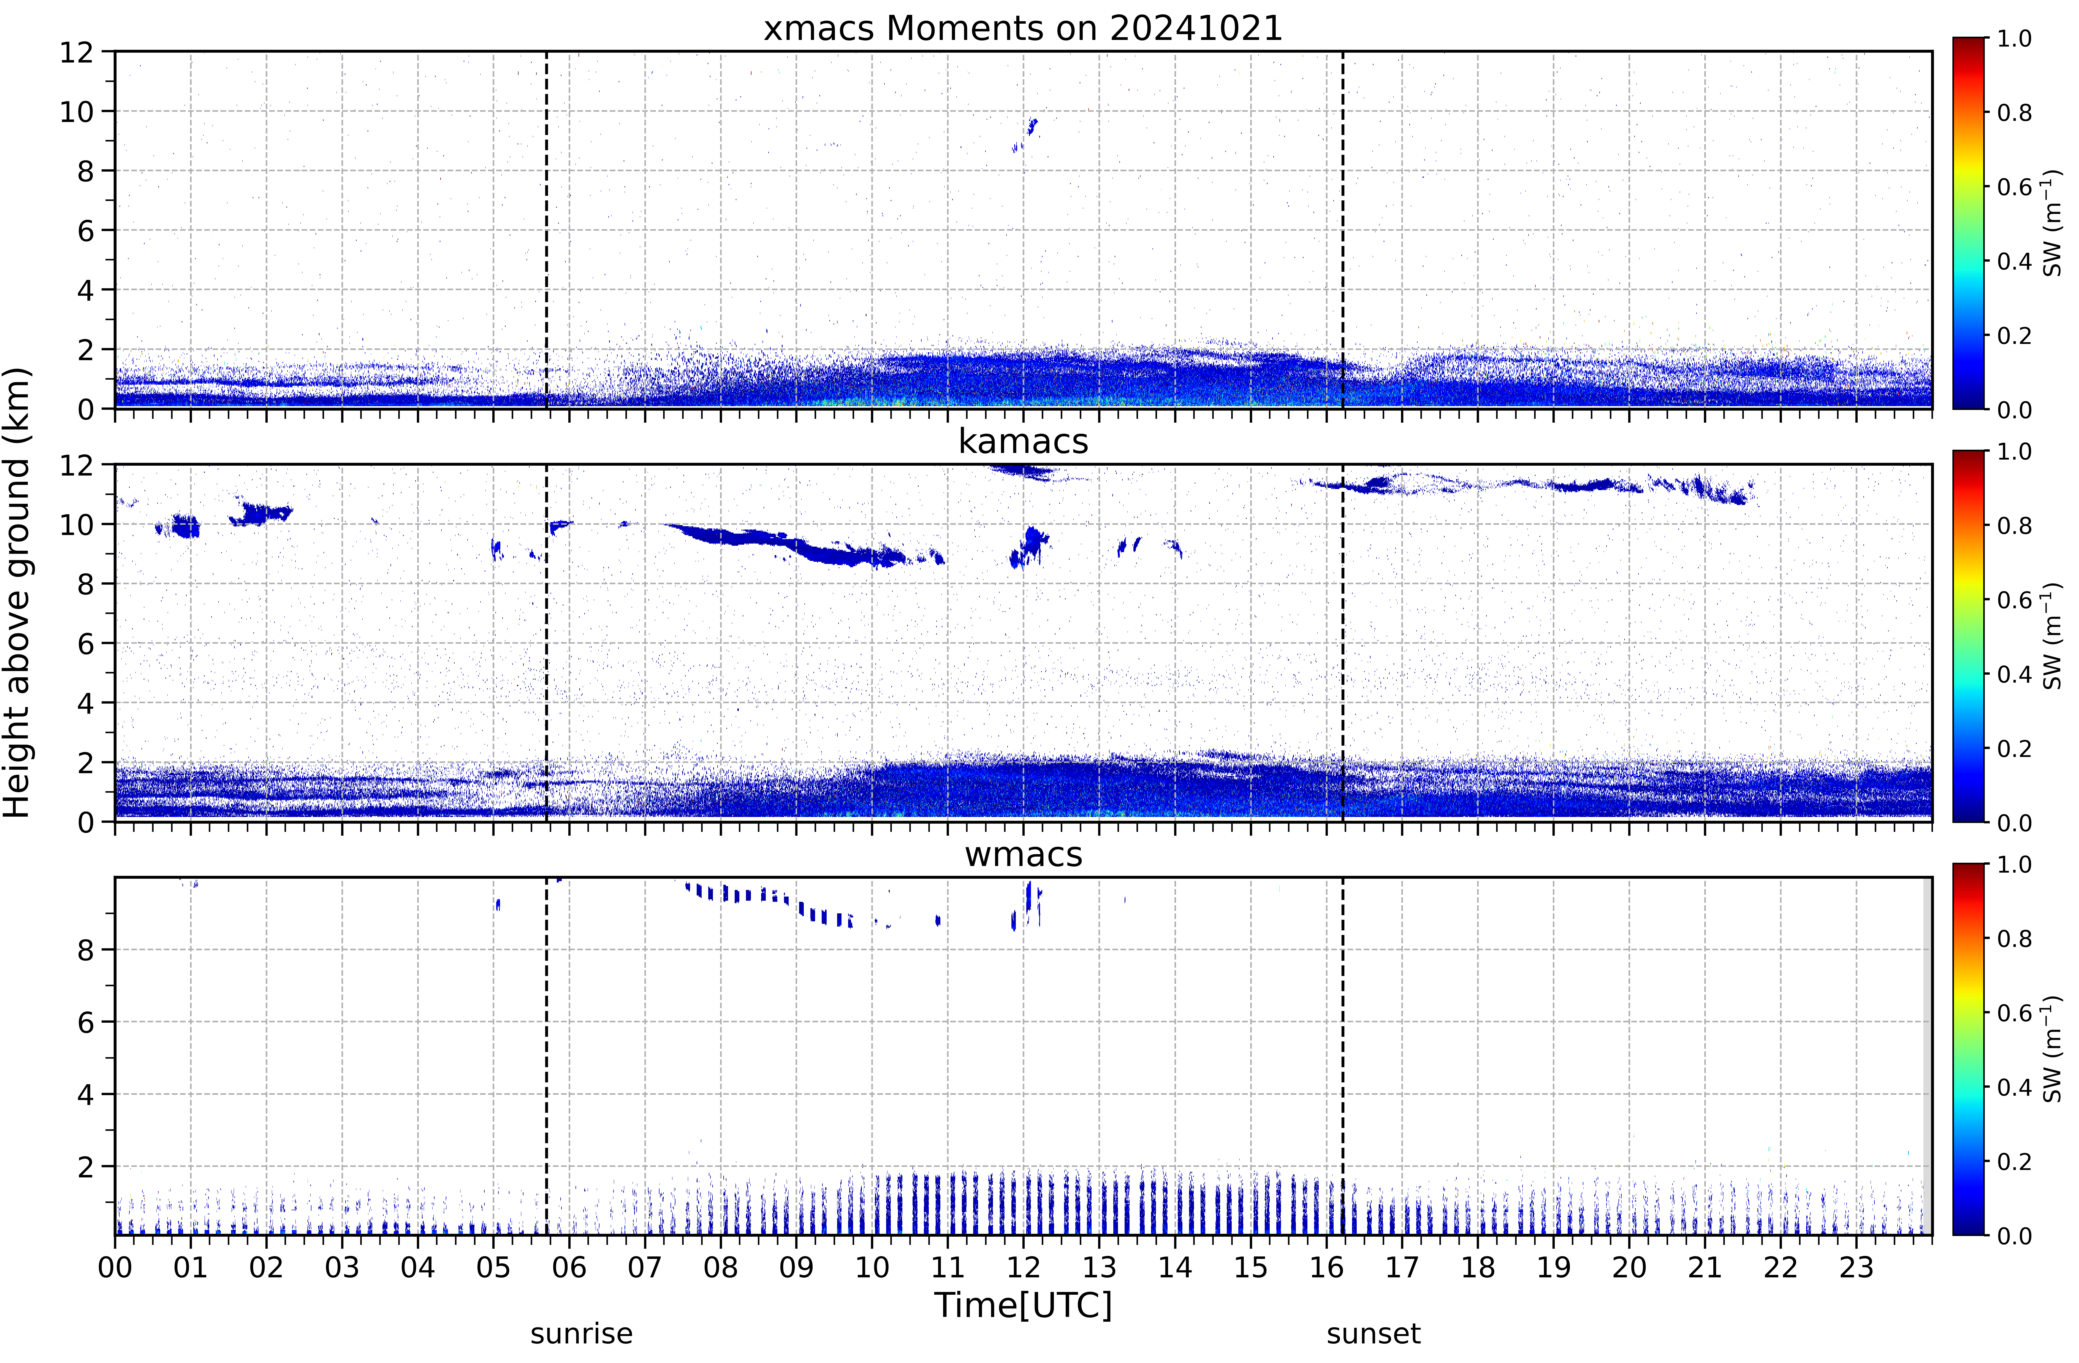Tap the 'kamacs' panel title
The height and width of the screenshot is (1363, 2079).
click(x=1023, y=441)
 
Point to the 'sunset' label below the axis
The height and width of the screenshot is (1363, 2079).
click(x=1373, y=1334)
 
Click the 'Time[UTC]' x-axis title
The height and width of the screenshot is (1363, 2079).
click(x=1023, y=1305)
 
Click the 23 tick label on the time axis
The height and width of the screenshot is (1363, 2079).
click(x=1856, y=1267)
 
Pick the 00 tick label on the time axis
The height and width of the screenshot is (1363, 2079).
click(x=115, y=1267)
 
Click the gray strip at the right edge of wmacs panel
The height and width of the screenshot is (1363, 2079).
click(x=1927, y=1055)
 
